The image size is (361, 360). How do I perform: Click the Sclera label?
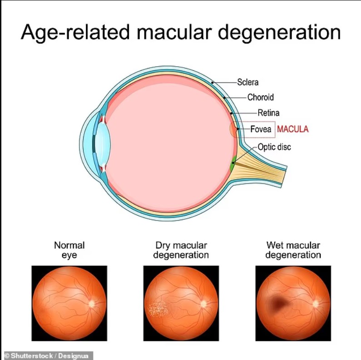(x=248, y=82)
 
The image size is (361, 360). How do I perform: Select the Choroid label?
(x=261, y=97)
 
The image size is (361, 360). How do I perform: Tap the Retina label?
(x=268, y=113)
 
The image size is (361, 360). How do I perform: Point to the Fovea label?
(x=261, y=129)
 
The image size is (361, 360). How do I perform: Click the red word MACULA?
(x=292, y=129)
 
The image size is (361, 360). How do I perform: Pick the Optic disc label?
(x=274, y=147)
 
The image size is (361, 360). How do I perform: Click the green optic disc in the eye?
(x=233, y=163)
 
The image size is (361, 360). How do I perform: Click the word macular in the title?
(x=174, y=32)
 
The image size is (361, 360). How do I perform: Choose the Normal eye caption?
(x=69, y=250)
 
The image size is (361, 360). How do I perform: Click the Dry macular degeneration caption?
(x=181, y=250)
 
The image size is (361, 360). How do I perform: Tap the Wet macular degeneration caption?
(x=293, y=250)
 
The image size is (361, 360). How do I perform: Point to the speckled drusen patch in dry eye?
(x=159, y=308)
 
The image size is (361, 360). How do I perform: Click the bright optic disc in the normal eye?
(x=92, y=304)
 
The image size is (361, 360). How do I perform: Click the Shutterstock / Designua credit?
(x=47, y=355)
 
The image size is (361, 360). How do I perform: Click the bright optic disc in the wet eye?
(x=316, y=304)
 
